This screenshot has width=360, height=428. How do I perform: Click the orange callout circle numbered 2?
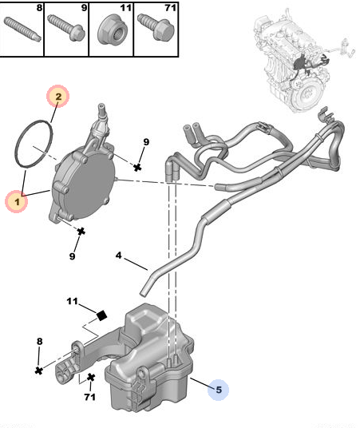(58, 97)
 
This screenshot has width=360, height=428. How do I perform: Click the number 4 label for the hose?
(118, 257)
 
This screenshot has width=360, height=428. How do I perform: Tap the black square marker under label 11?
(101, 315)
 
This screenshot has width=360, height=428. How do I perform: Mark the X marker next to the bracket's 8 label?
(38, 371)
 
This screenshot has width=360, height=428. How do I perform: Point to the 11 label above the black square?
(72, 301)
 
